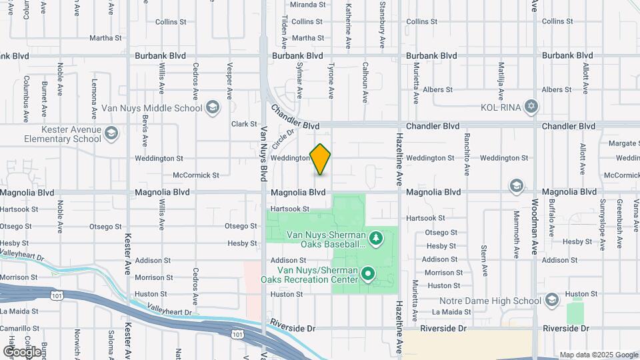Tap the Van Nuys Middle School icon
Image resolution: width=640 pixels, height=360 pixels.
click(213, 107)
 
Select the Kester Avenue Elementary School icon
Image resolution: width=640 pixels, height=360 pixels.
click(111, 134)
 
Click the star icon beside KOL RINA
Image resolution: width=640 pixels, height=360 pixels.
click(531, 107)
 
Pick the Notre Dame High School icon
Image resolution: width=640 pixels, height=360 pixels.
click(551, 301)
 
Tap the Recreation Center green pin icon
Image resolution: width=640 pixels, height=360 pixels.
click(367, 274)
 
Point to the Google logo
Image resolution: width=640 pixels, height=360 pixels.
click(22, 352)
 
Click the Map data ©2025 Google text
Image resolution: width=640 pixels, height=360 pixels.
click(599, 355)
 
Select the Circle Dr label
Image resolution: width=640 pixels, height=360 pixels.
click(283, 139)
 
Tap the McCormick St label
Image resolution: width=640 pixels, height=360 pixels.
click(196, 175)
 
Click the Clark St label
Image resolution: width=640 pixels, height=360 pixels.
click(244, 124)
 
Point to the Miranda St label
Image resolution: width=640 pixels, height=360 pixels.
click(307, 4)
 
